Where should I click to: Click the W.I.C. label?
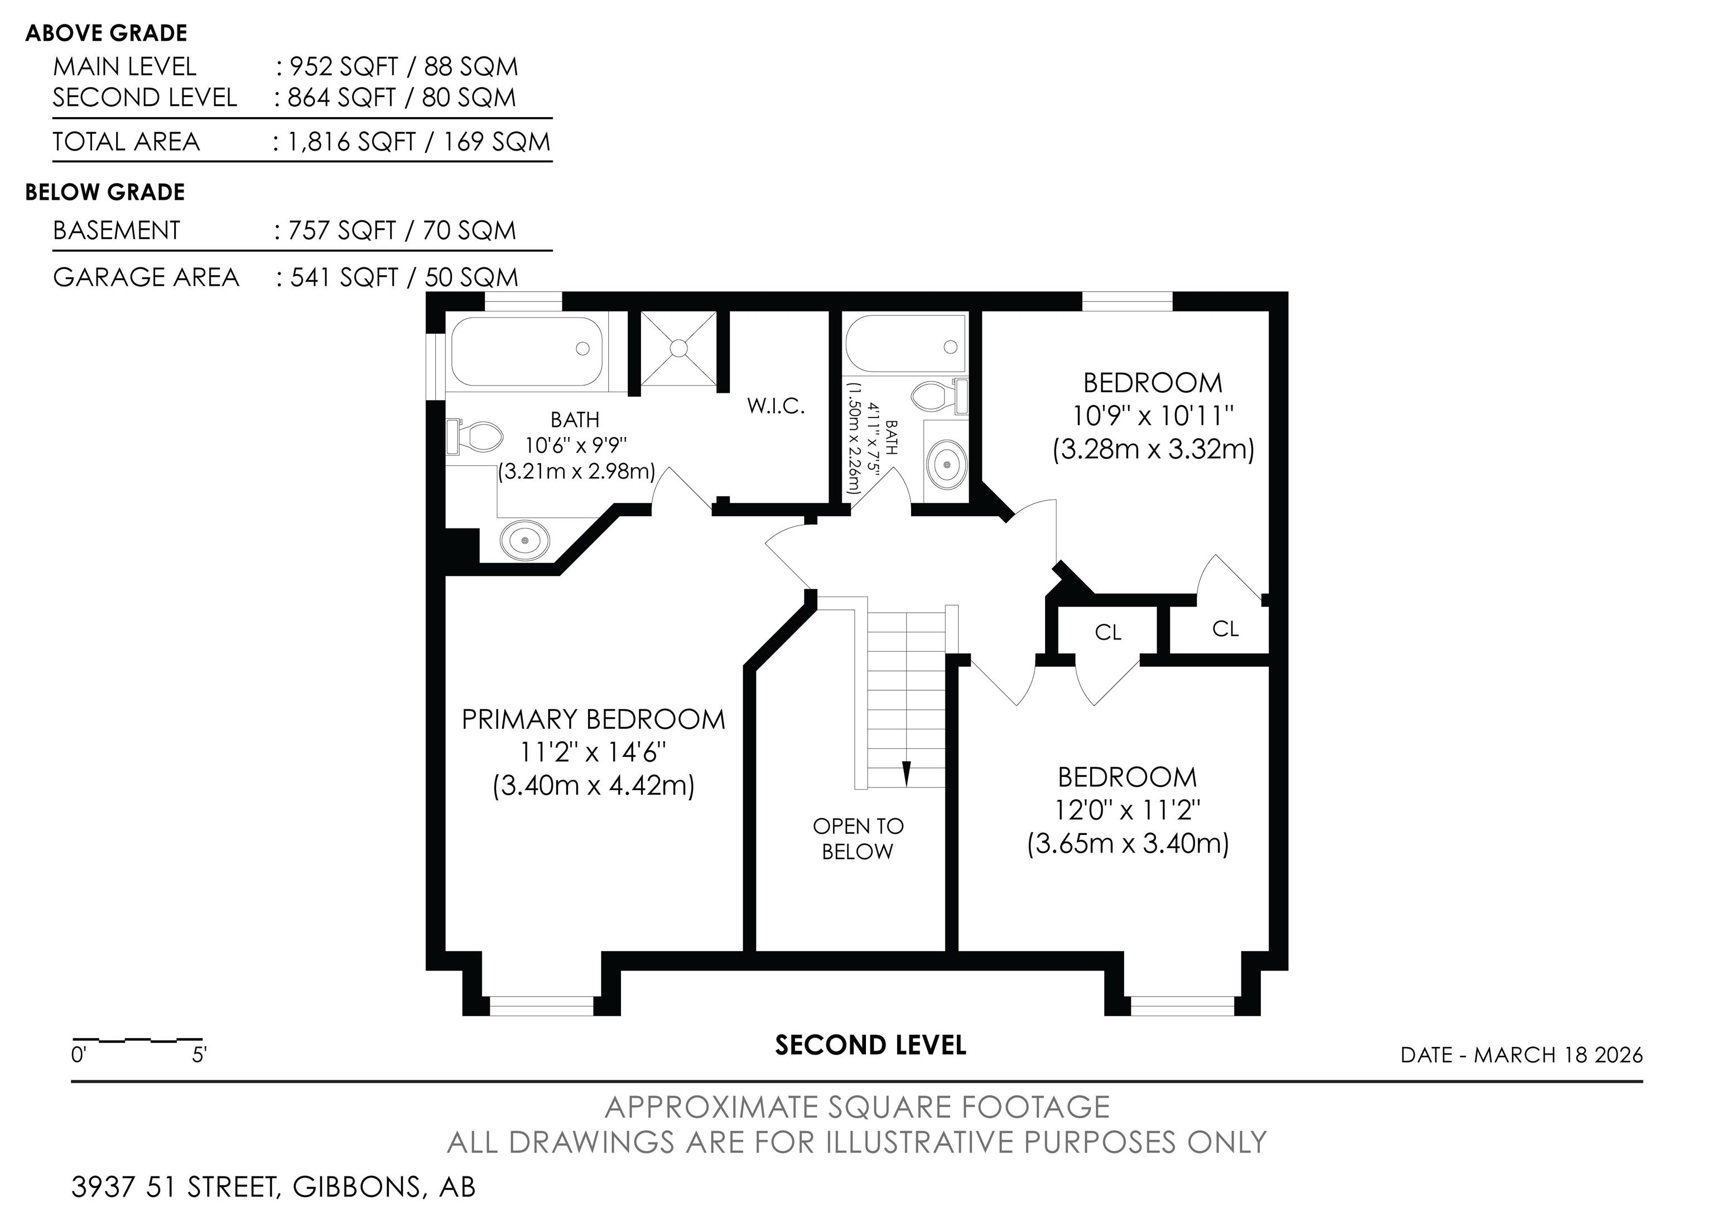[x=776, y=406]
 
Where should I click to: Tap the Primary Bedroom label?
[x=594, y=719]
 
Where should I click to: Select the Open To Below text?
[x=858, y=838]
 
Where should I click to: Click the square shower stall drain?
[x=678, y=348]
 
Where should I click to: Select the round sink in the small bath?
[x=947, y=464]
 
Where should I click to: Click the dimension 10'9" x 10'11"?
[x=1153, y=415]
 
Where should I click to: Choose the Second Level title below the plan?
[x=870, y=1045]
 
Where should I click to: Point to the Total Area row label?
[x=126, y=142]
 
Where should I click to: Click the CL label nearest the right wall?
[x=1225, y=628]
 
